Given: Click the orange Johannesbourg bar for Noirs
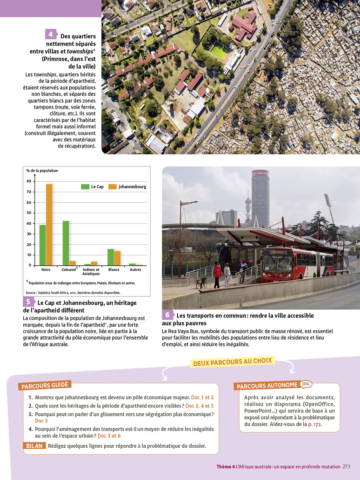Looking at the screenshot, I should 49,225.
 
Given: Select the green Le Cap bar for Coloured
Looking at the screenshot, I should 66,243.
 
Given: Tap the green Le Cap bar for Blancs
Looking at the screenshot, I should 111,257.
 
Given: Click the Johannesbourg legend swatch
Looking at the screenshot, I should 113,187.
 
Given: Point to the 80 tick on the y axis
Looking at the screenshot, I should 29,181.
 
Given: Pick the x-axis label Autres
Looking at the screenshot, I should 135,270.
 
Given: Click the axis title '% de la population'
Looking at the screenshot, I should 42,171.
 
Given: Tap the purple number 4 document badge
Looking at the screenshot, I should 51,34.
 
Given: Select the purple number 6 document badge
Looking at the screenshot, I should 167,315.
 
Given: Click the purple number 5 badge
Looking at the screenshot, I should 28,302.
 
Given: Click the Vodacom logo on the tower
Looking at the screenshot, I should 260,173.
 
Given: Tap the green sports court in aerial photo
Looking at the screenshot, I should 219,51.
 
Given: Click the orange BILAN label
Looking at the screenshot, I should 34,446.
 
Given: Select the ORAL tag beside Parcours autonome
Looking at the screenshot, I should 306,384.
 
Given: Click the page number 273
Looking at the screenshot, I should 346,467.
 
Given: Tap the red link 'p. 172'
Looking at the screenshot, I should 315,424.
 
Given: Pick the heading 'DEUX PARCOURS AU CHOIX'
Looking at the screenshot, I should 233,362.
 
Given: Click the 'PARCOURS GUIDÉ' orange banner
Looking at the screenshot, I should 45,386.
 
